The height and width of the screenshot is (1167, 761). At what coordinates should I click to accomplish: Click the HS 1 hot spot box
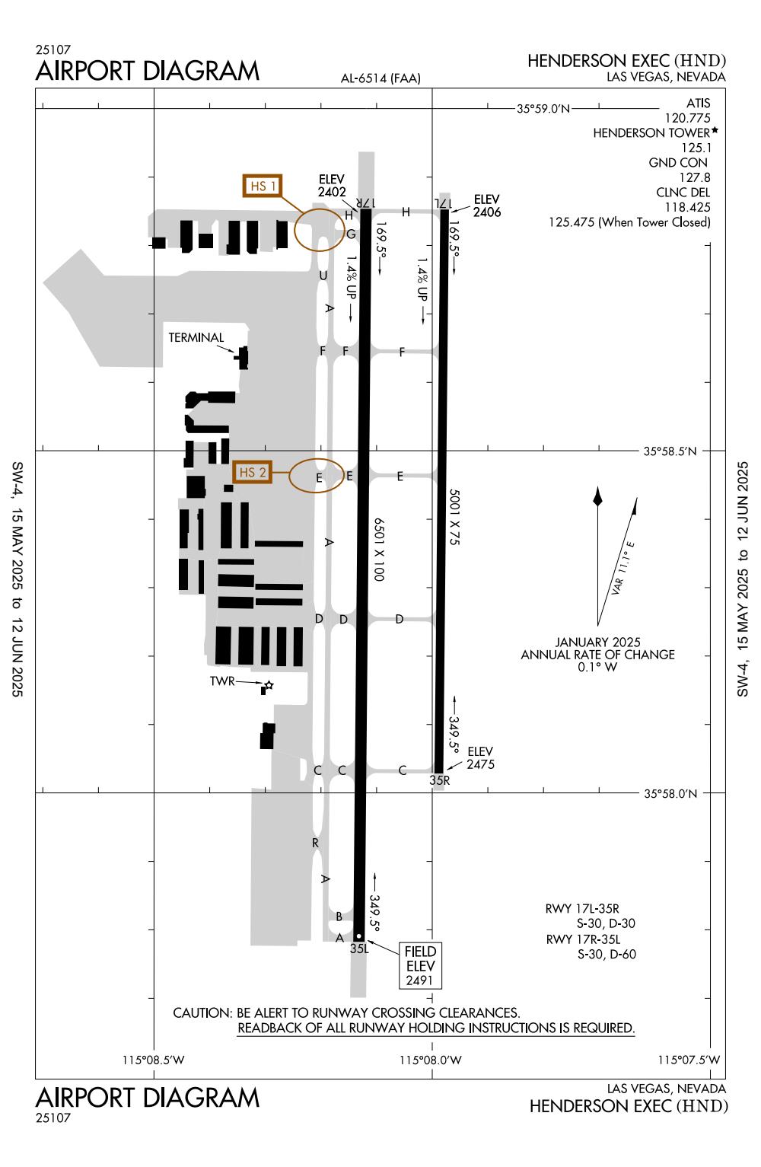(263, 186)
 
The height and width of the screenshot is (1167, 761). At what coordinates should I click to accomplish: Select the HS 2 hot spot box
(252, 472)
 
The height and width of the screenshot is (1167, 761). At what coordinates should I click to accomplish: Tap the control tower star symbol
(269, 685)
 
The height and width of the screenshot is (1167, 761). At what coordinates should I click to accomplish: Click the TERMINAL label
(196, 337)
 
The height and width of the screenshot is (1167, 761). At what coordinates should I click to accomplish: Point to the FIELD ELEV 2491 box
(420, 965)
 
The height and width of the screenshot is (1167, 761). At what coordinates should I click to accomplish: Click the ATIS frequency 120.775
(687, 118)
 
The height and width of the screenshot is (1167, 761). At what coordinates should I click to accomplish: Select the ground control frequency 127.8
(694, 177)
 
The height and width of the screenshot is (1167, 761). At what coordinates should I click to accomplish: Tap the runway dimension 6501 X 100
(379, 549)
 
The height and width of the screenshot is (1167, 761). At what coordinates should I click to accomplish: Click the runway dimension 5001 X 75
(454, 517)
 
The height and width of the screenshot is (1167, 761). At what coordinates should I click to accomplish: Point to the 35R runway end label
(439, 780)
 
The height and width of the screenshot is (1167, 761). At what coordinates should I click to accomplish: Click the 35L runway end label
(359, 949)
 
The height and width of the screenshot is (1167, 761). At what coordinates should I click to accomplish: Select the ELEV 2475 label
(480, 757)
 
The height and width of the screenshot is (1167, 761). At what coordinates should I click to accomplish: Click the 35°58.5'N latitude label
(670, 451)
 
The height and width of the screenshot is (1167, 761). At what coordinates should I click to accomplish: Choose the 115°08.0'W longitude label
(430, 1059)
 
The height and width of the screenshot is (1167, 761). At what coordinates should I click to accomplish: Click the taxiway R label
(315, 843)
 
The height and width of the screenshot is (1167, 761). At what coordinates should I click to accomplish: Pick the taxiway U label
(323, 276)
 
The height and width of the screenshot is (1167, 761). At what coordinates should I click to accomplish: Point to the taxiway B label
(339, 916)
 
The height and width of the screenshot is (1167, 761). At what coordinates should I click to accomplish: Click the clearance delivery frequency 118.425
(687, 207)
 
